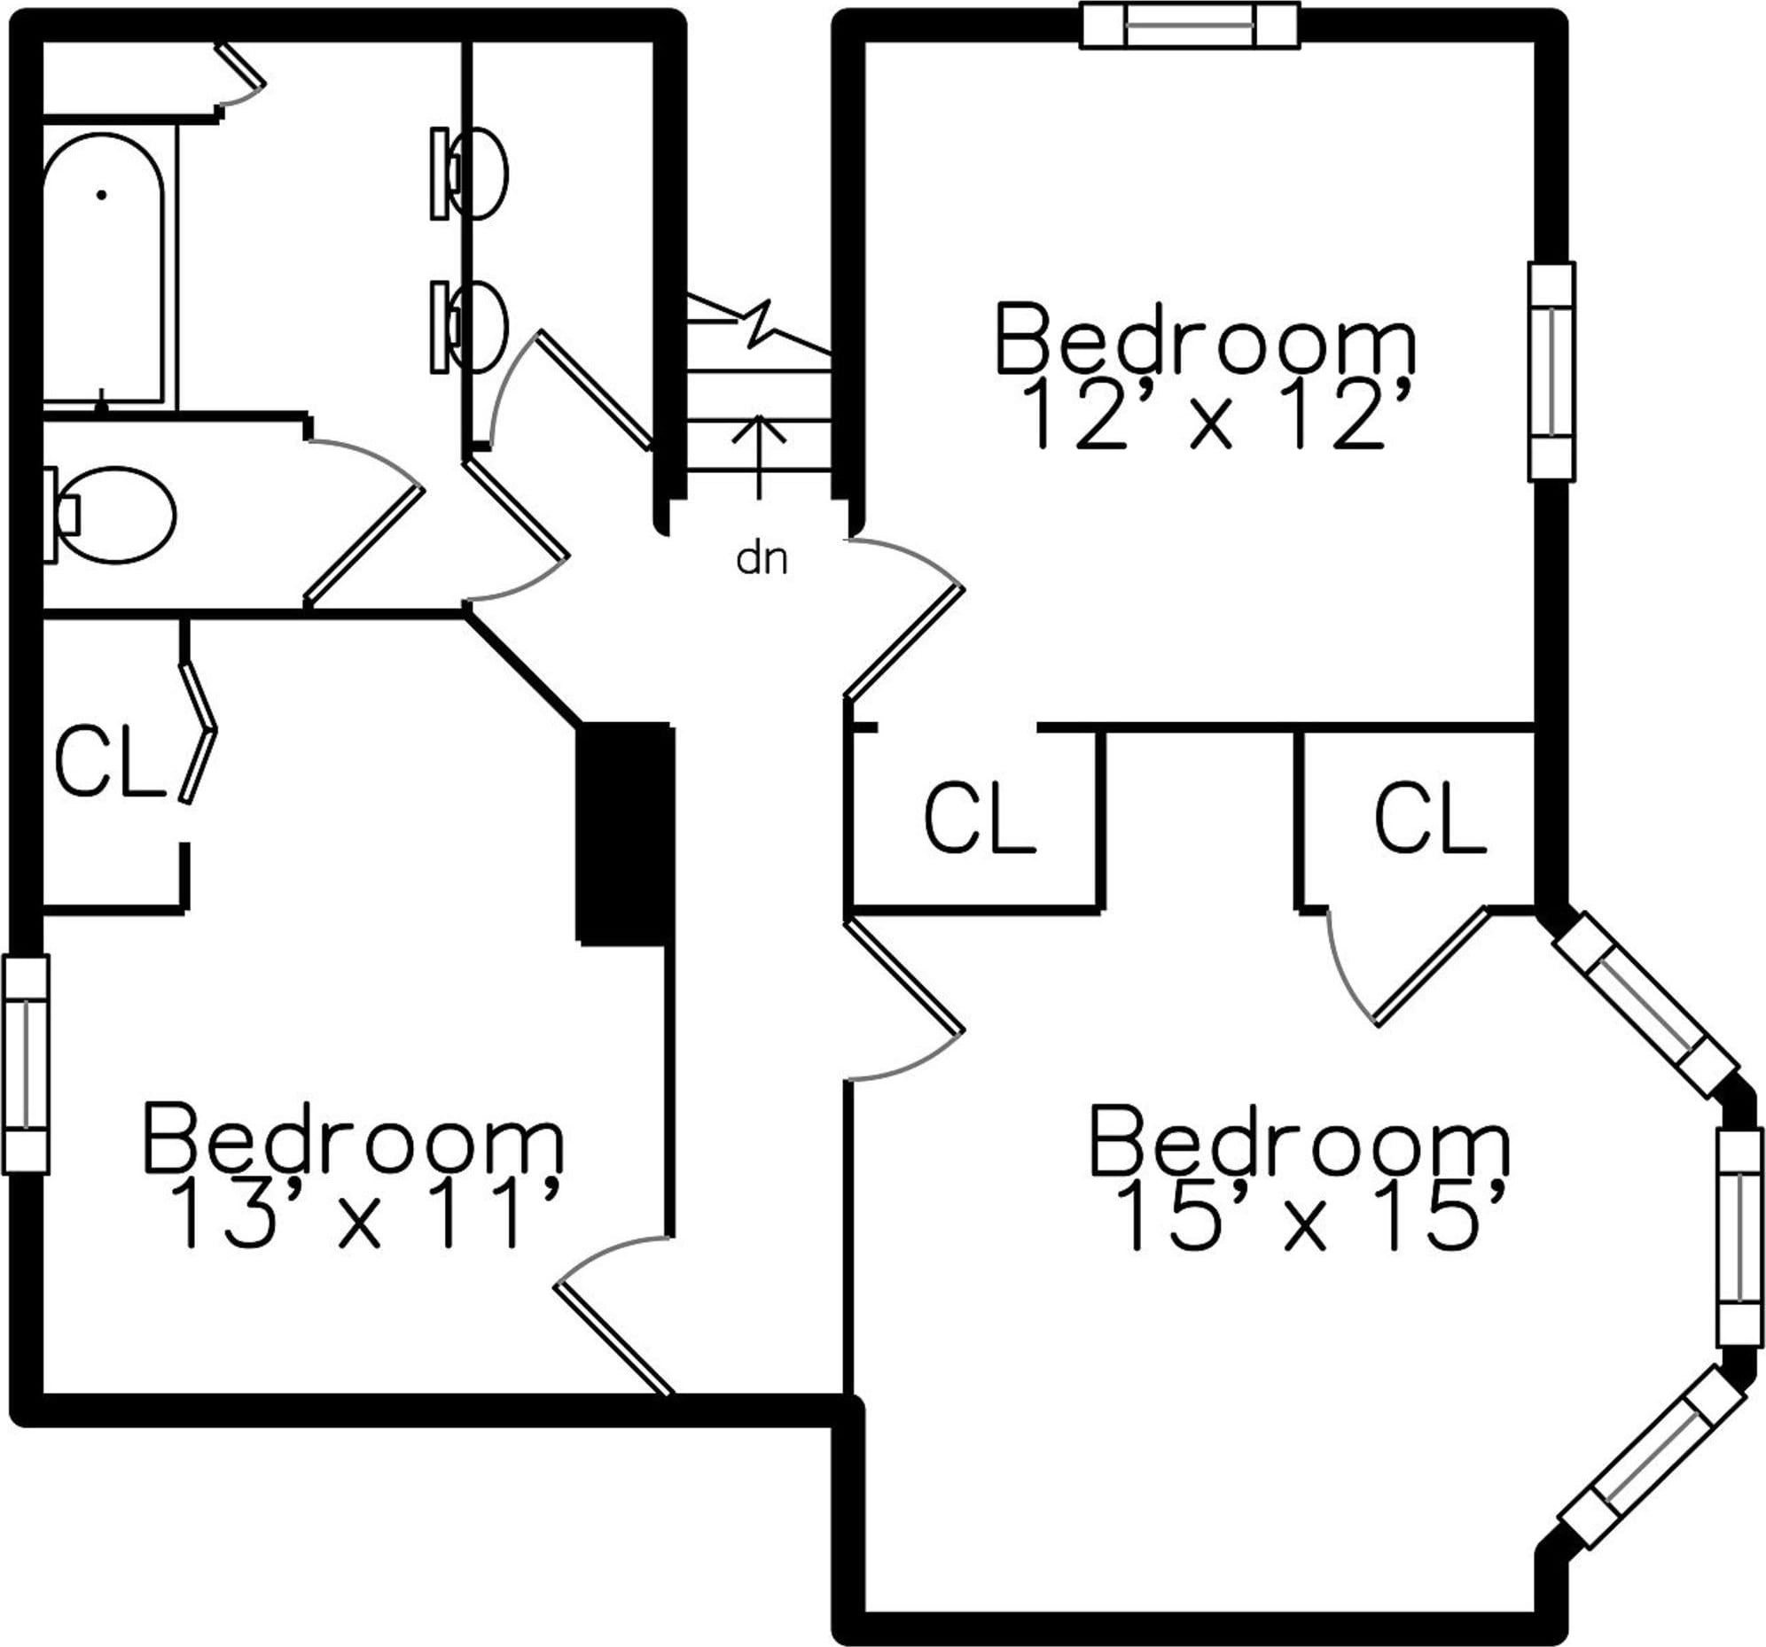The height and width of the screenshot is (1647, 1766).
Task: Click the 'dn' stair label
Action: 762,559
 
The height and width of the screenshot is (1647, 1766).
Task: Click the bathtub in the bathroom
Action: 103,267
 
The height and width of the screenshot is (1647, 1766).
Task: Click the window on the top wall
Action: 1191,25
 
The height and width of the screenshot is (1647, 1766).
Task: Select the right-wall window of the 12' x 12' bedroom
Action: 1551,372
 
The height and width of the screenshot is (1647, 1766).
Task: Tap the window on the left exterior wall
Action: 27,1065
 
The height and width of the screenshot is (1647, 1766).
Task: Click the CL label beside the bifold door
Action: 110,761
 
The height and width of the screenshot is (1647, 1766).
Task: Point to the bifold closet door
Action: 197,733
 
